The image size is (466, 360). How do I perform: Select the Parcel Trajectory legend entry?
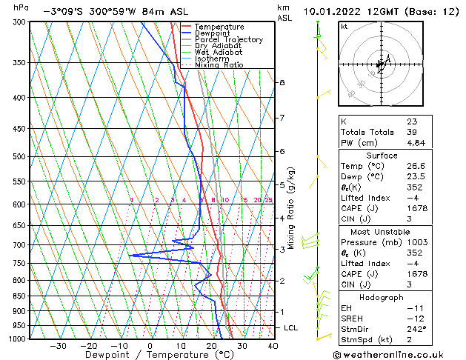pyautogui.click(x=228, y=40)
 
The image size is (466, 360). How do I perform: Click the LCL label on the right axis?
pyautogui.click(x=292, y=327)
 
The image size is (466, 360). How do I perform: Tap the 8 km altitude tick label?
pyautogui.click(x=282, y=82)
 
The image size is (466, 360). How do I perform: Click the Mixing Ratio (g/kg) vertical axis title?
pyautogui.click(x=291, y=208)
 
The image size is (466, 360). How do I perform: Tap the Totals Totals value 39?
pyautogui.click(x=411, y=132)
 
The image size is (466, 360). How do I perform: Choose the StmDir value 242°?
pyautogui.click(x=416, y=329)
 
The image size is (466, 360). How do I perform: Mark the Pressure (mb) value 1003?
pyautogui.click(x=418, y=242)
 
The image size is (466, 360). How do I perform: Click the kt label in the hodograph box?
pyautogui.click(x=344, y=27)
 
